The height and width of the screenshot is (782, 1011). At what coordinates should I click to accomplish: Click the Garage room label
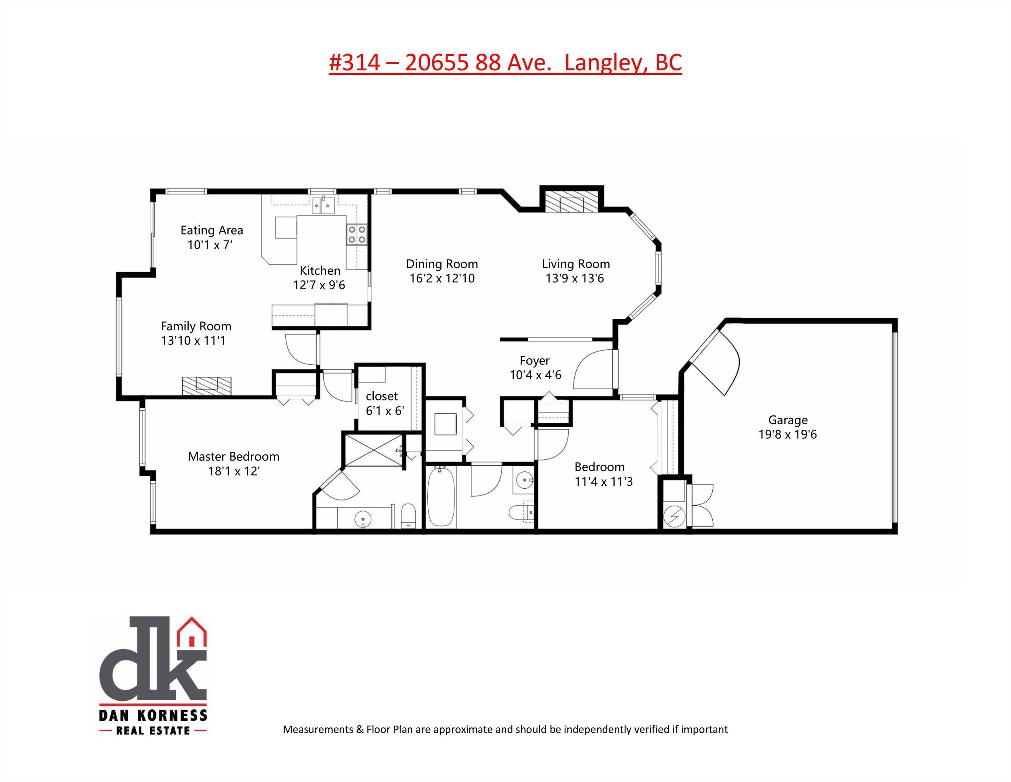pyautogui.click(x=788, y=420)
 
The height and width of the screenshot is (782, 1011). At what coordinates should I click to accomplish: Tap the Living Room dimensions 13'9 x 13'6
pyautogui.click(x=575, y=278)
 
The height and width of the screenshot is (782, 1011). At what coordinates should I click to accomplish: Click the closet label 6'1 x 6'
pyautogui.click(x=385, y=403)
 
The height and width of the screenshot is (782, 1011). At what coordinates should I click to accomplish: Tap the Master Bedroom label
pyautogui.click(x=233, y=457)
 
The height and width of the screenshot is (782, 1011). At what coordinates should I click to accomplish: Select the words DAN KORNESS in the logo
pyautogui.click(x=153, y=715)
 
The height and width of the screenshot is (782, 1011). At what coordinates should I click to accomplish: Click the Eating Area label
pyautogui.click(x=212, y=230)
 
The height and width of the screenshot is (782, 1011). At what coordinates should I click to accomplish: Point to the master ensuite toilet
pyautogui.click(x=408, y=516)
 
